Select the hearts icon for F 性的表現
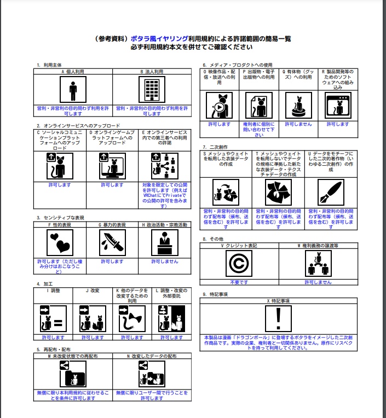[60, 243]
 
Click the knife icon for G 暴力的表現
[112, 243]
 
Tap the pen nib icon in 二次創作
[331, 192]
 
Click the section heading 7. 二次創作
[215, 147]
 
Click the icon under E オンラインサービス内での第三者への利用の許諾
[164, 166]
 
